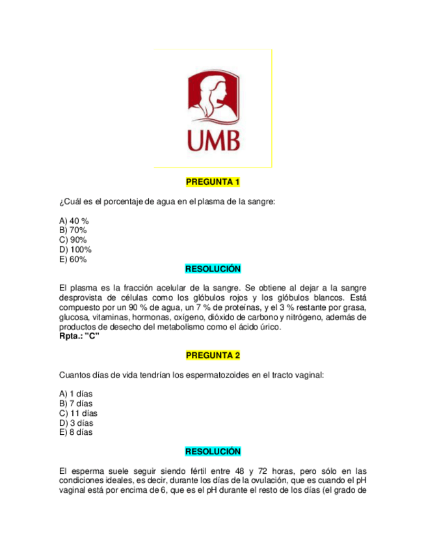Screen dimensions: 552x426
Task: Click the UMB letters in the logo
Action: pyautogui.click(x=213, y=140)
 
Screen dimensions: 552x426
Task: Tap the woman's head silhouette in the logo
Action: pyautogui.click(x=213, y=94)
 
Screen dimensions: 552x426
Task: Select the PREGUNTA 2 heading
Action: pyautogui.click(x=213, y=355)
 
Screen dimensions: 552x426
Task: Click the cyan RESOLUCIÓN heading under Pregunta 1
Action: pyautogui.click(x=213, y=269)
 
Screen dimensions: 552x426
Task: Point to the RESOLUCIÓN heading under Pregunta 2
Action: pyautogui.click(x=213, y=451)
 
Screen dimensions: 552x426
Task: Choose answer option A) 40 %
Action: pyautogui.click(x=73, y=221)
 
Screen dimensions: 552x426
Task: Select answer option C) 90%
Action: pyautogui.click(x=73, y=240)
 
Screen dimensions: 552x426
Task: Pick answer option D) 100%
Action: pyautogui.click(x=75, y=250)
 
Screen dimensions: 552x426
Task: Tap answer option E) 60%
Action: pyautogui.click(x=73, y=260)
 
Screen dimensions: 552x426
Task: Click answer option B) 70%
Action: pyautogui.click(x=73, y=230)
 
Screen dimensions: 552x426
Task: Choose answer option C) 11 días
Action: pyautogui.click(x=78, y=413)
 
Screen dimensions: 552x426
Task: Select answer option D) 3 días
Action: pyautogui.click(x=75, y=422)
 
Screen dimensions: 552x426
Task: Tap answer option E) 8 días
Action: pyautogui.click(x=75, y=432)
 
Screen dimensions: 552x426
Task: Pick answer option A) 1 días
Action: pyautogui.click(x=75, y=393)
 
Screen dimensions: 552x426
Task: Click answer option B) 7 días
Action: pyautogui.click(x=75, y=403)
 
